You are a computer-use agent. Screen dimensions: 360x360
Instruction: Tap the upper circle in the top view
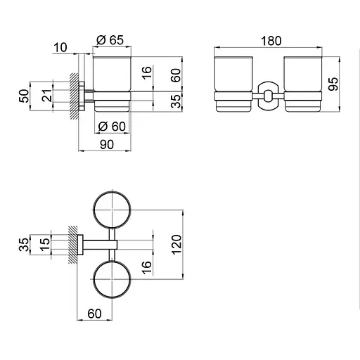(x=112, y=209)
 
